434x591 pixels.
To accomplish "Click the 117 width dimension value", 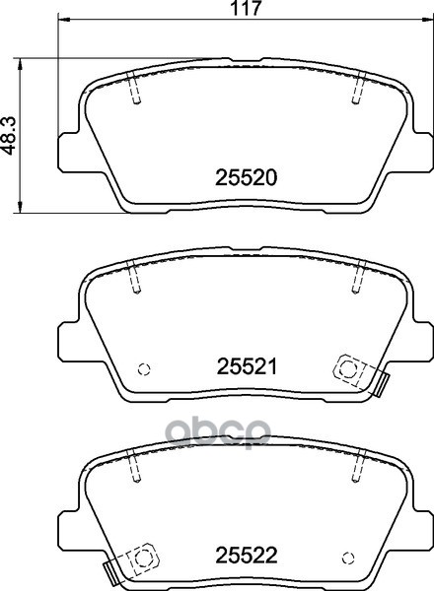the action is click(x=246, y=8).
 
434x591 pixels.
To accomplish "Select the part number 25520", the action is click(x=246, y=177).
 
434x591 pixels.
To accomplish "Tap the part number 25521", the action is click(x=247, y=366).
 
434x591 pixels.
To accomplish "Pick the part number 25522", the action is click(x=246, y=555).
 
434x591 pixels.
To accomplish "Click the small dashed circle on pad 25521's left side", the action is click(x=144, y=369).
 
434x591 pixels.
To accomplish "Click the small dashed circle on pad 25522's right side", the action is click(x=348, y=558).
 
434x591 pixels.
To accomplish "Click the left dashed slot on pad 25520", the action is click(x=133, y=88).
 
